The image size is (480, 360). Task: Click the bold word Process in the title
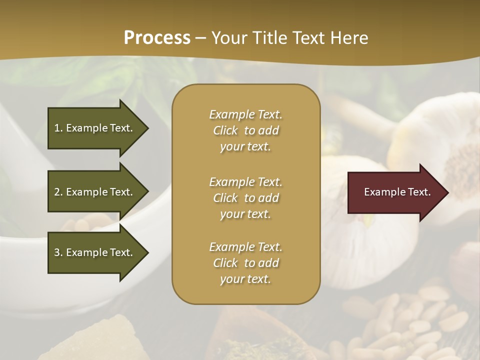point(157,37)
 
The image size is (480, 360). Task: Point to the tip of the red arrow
point(447,192)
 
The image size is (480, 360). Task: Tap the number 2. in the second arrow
point(58,192)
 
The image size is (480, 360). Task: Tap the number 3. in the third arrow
point(58,252)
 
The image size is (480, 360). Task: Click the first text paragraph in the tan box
point(245,130)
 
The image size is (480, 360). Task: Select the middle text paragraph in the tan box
point(245,198)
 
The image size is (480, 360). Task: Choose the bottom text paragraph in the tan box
point(245,263)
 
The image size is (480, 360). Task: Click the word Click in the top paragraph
point(225,130)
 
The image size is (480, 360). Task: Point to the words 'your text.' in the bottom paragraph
point(245,279)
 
